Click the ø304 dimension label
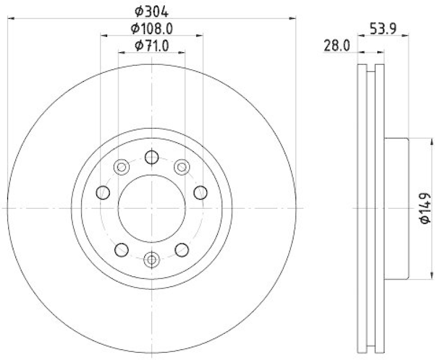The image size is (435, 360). click(151, 10)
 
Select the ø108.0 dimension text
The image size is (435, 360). click(152, 28)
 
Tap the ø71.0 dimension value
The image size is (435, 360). click(152, 46)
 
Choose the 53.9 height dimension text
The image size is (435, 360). click(382, 27)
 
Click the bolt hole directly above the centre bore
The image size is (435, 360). click(152, 158)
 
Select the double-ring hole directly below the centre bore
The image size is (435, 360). click(152, 259)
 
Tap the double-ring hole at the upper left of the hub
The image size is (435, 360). click(122, 167)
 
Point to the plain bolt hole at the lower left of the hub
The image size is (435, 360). click(122, 250)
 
